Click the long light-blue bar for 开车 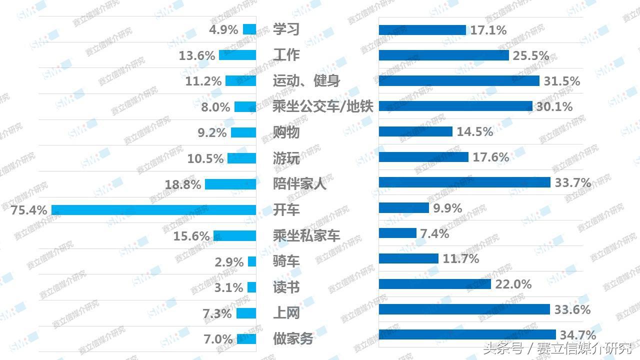click(x=154, y=210)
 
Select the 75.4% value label click(x=29, y=210)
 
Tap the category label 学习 click(x=286, y=29)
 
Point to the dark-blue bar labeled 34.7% click(x=467, y=334)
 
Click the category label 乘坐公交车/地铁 click(x=323, y=106)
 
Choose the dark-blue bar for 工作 click(x=443, y=55)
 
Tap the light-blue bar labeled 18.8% click(x=230, y=184)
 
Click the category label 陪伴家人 click(x=299, y=183)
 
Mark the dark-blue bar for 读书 click(x=435, y=284)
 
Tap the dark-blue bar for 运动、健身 click(x=459, y=80)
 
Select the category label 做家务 click(x=293, y=338)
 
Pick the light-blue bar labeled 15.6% click(x=234, y=236)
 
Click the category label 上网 click(x=286, y=313)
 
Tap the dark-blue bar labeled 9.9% click(x=404, y=207)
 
